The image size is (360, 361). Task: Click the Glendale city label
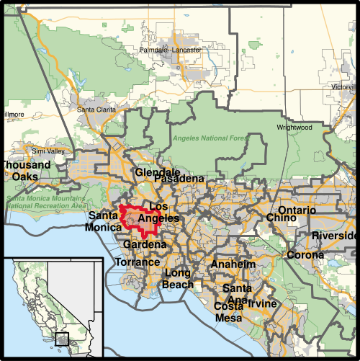[x=158, y=173]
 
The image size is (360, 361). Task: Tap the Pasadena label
[x=179, y=179]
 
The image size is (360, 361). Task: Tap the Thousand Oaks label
[x=26, y=171]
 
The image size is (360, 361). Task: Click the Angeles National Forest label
[x=211, y=138]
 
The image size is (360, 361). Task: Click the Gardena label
[x=144, y=245]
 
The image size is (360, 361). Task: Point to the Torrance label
[x=138, y=262]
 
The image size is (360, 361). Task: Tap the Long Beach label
[x=179, y=279]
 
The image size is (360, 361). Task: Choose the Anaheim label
[x=233, y=264]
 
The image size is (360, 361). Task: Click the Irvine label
[x=262, y=304]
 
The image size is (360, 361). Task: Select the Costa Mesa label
[x=229, y=312]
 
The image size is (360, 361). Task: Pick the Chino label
[x=280, y=218]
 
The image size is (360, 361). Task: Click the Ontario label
[x=297, y=210]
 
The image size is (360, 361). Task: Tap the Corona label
[x=305, y=255]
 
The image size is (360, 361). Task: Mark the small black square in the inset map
[x=62, y=338]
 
